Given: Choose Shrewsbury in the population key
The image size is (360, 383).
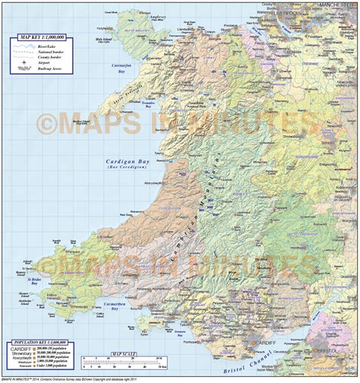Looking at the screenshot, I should pos(24,356).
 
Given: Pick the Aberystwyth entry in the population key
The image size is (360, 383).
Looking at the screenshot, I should pos(24,362).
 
